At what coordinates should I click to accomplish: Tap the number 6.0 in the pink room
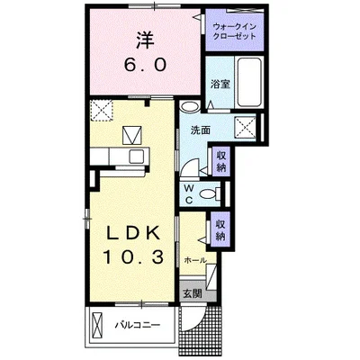[146, 65]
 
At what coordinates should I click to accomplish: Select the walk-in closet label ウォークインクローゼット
[234, 31]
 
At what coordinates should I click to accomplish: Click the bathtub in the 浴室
[248, 82]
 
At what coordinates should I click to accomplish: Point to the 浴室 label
[220, 85]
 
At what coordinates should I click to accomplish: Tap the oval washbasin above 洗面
[190, 107]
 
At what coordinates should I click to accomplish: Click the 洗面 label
[201, 130]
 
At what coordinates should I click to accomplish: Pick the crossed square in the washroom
[245, 127]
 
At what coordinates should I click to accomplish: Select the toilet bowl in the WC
[210, 193]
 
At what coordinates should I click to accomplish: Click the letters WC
[189, 193]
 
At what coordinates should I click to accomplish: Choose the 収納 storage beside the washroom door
[221, 161]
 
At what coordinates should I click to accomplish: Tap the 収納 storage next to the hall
[220, 230]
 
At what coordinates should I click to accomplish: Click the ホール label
[195, 260]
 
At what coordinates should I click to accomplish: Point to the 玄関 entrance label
[193, 293]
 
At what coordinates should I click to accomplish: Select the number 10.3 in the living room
[133, 256]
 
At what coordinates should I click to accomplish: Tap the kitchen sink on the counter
[136, 156]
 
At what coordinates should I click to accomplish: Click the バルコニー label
[139, 325]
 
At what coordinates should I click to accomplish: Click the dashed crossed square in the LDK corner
[102, 111]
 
